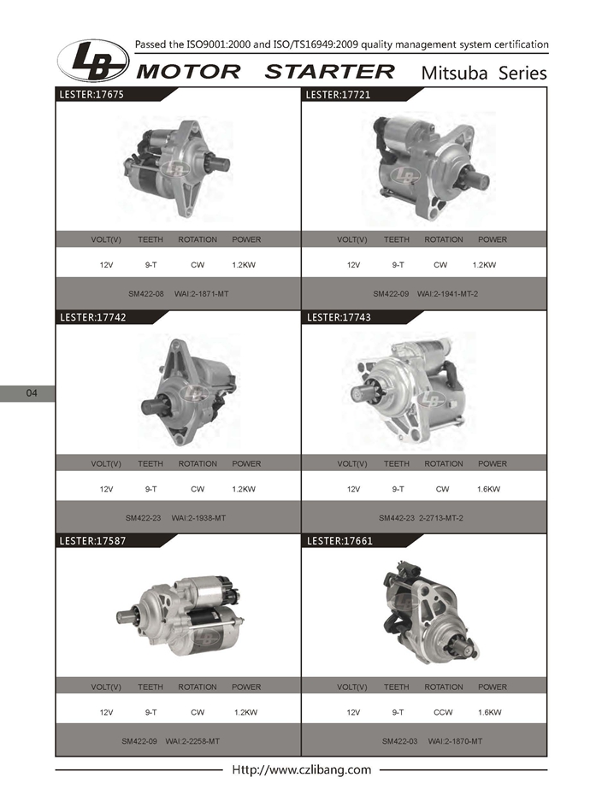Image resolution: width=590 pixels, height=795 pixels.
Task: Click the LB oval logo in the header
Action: coord(93,61)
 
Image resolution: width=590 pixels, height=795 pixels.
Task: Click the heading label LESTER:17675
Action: coord(91,94)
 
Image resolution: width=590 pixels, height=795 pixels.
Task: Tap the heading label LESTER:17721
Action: coord(338,94)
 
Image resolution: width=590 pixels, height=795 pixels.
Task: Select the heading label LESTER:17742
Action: coord(93,317)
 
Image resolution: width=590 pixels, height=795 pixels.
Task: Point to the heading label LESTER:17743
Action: coord(339,317)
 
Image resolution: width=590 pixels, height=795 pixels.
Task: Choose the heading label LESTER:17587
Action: coord(92,541)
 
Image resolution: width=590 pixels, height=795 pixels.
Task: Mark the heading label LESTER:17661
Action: coord(339,541)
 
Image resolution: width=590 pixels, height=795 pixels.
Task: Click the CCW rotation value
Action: coord(443,712)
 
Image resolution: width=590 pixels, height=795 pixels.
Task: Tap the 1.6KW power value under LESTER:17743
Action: coord(488,489)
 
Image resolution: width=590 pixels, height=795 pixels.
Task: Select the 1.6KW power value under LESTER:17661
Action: coord(490,712)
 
